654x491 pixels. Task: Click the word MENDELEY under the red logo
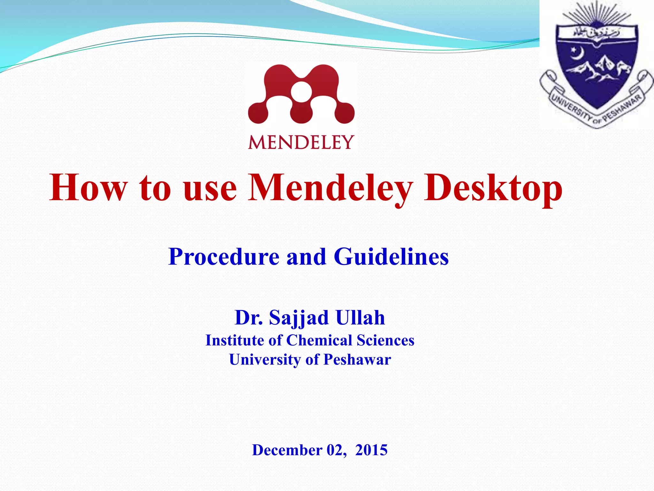[301, 142]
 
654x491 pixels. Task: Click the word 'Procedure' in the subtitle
[224, 257]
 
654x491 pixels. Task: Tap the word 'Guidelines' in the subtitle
[391, 257]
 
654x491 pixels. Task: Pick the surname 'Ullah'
[360, 318]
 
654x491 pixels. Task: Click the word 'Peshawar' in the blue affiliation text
[357, 360]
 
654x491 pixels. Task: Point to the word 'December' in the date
[287, 450]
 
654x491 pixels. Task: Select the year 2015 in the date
[371, 450]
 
